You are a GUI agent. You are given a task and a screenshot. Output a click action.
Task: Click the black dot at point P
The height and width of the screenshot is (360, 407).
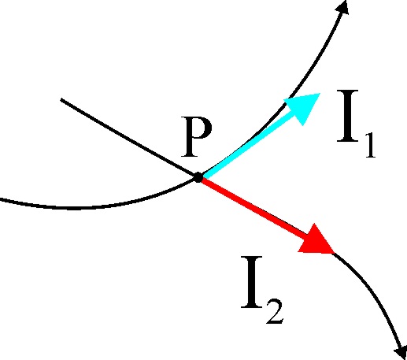tap(198, 177)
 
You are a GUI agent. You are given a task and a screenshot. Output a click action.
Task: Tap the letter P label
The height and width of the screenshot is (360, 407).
tap(196, 137)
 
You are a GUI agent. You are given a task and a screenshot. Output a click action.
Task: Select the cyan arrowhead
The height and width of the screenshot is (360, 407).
tap(303, 107)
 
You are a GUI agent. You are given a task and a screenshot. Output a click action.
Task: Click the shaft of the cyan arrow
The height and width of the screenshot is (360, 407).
tap(248, 145)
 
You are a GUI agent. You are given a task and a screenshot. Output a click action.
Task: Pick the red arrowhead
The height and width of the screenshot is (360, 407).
tap(316, 240)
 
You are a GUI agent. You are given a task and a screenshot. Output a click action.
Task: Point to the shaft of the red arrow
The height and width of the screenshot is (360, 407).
tap(253, 207)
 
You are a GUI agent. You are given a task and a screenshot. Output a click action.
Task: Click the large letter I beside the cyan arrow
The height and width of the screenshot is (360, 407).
tap(348, 116)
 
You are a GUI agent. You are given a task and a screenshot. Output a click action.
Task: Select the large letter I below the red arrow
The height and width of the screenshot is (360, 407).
tap(252, 282)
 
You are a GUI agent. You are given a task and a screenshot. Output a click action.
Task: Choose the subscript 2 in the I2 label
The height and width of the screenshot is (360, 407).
tap(275, 312)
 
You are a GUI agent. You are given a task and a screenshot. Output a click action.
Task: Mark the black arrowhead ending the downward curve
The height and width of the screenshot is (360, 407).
tap(401, 352)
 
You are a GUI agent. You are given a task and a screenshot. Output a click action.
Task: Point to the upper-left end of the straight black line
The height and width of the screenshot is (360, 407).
tap(61, 99)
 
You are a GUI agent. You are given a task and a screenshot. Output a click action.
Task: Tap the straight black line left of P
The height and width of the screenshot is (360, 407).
tap(128, 138)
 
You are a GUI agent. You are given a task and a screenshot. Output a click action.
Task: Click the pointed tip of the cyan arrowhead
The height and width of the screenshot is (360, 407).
tap(320, 93)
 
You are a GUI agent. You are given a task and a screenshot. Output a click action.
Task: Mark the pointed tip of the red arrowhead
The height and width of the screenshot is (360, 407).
tap(335, 254)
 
